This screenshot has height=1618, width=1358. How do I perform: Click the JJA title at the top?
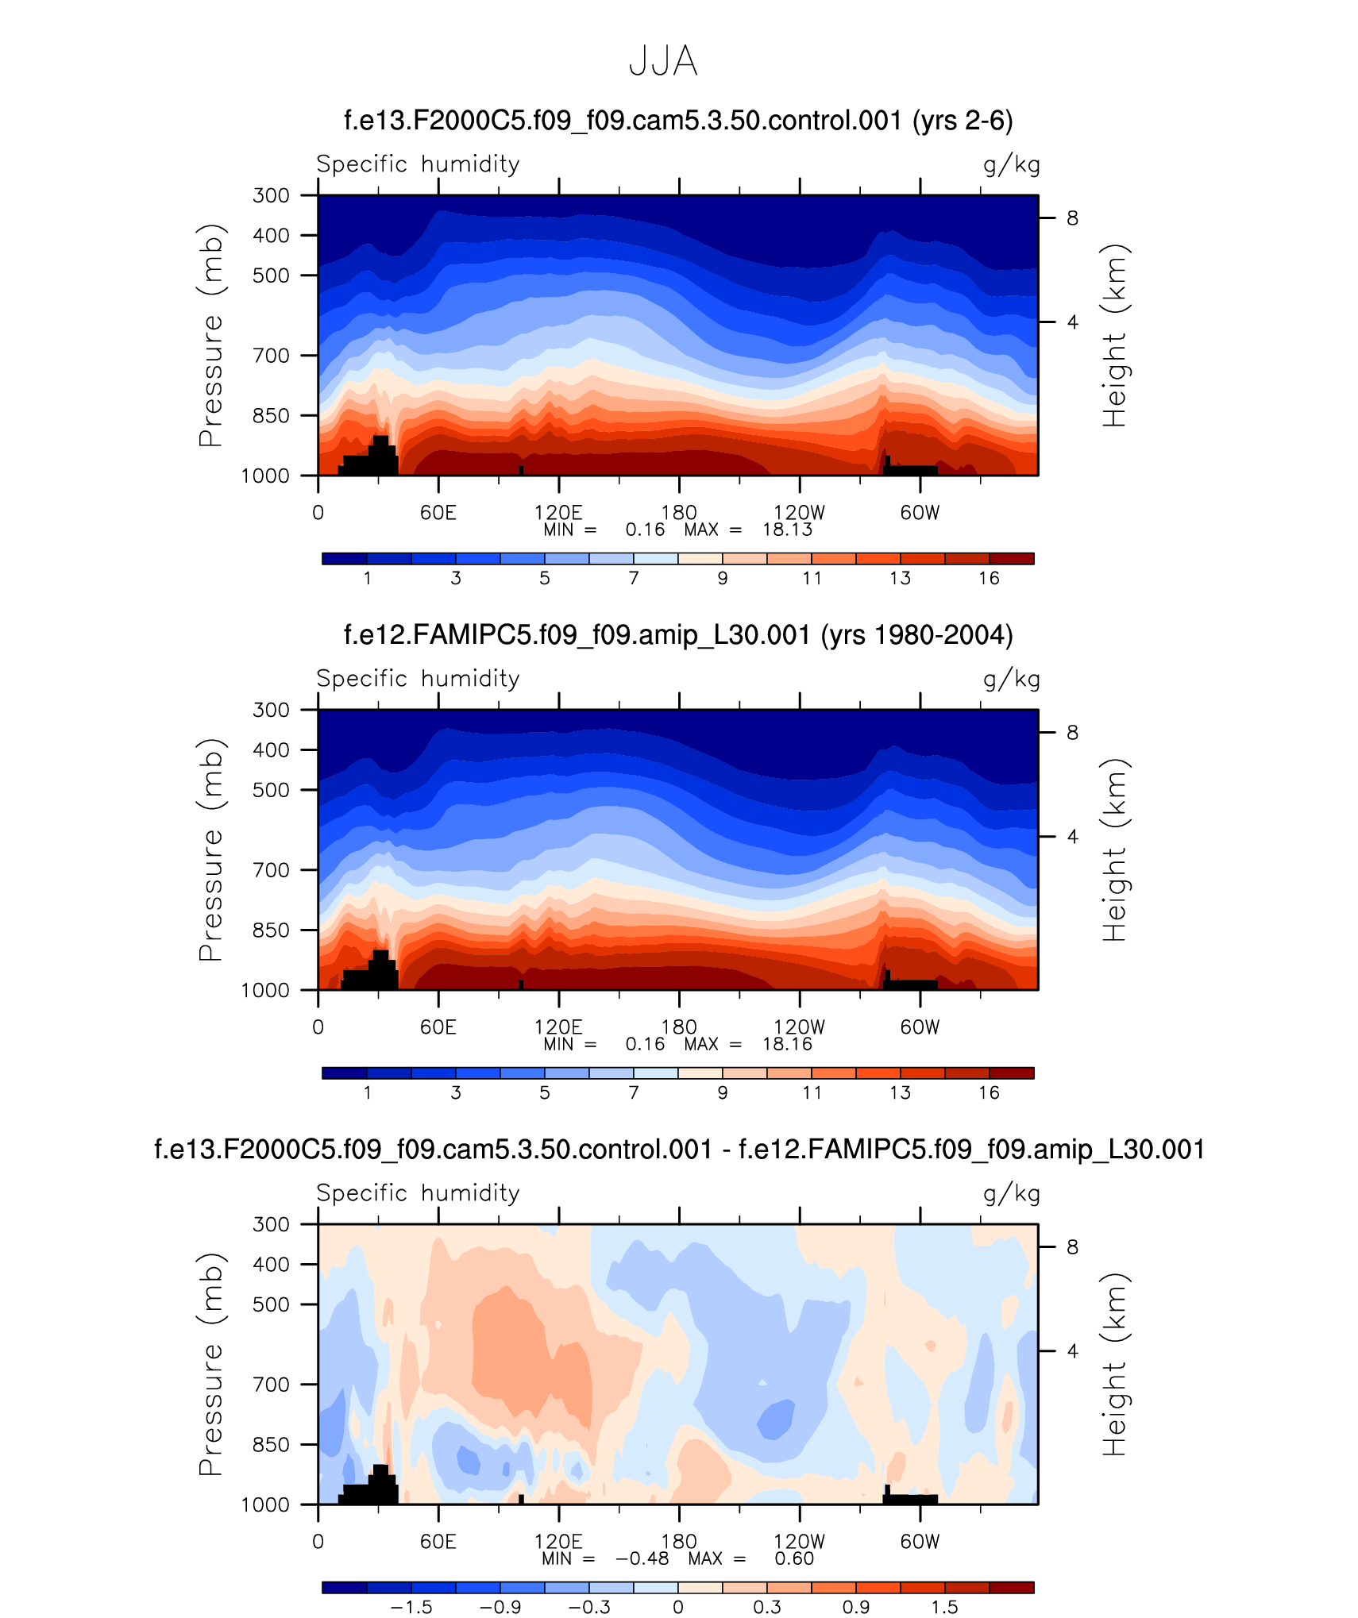pyautogui.click(x=663, y=61)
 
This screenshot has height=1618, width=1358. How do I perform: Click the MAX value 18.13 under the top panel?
pyautogui.click(x=787, y=530)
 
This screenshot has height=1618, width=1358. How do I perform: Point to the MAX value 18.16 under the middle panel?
pyautogui.click(x=787, y=1044)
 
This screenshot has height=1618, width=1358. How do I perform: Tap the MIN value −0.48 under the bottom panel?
pyautogui.click(x=642, y=1558)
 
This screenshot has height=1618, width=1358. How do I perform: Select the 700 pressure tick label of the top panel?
pyautogui.click(x=271, y=356)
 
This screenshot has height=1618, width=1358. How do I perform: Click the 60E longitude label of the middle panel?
pyautogui.click(x=438, y=1027)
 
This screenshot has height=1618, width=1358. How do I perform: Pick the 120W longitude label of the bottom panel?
pyautogui.click(x=799, y=1542)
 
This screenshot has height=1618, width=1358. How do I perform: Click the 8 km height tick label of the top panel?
pyautogui.click(x=1072, y=218)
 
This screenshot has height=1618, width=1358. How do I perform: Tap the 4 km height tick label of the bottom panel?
pyautogui.click(x=1072, y=1351)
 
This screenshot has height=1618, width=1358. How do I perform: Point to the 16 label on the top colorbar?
pyautogui.click(x=989, y=578)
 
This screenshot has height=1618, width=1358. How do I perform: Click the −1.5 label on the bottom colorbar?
pyautogui.click(x=411, y=1607)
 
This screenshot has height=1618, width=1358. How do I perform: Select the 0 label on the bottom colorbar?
pyautogui.click(x=678, y=1607)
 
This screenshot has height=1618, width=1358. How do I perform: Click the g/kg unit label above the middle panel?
pyautogui.click(x=1011, y=679)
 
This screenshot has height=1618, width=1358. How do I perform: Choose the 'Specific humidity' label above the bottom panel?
pyautogui.click(x=418, y=1192)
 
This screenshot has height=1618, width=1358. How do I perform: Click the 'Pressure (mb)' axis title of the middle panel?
pyautogui.click(x=211, y=849)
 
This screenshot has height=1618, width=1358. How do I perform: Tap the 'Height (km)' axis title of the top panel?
pyautogui.click(x=1114, y=336)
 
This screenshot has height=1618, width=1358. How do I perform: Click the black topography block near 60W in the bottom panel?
pyautogui.click(x=911, y=1499)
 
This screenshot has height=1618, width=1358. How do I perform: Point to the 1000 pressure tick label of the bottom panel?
pyautogui.click(x=265, y=1504)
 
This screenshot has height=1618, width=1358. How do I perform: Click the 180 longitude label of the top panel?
pyautogui.click(x=679, y=513)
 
